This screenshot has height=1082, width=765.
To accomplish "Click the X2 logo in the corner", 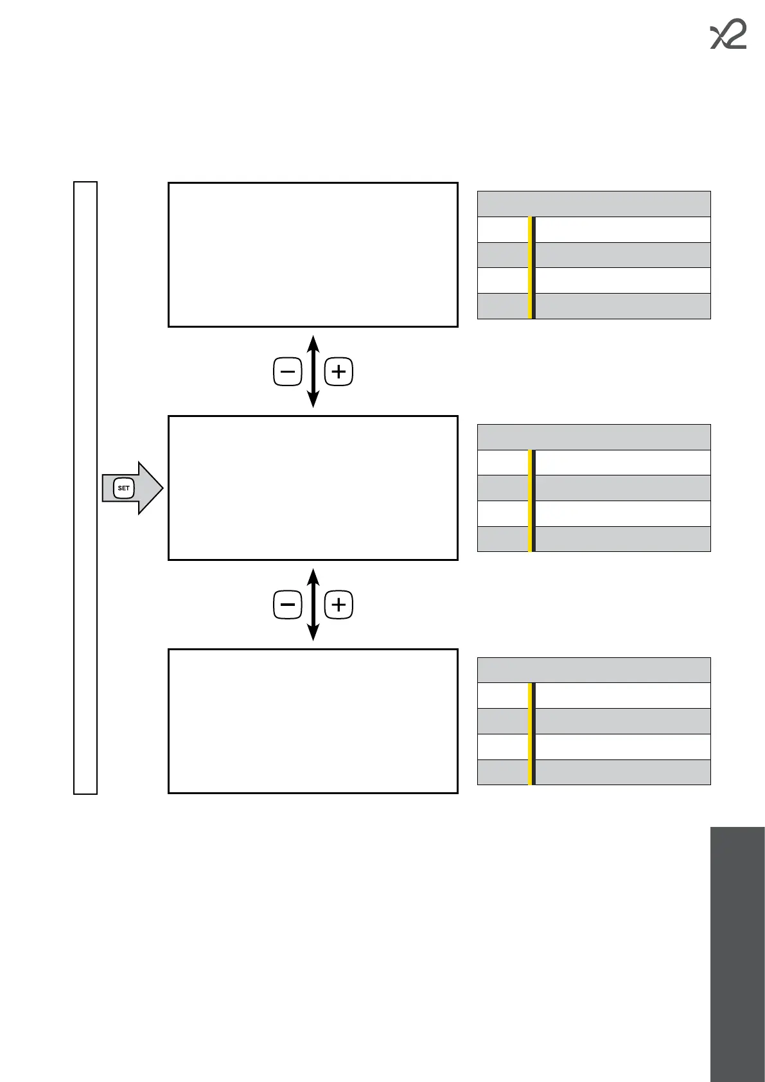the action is [728, 36].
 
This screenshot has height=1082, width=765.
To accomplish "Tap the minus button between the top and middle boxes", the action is [287, 372].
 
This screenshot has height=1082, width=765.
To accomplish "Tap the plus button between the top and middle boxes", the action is [339, 372].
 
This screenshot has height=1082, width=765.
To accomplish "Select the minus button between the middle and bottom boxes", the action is [287, 605].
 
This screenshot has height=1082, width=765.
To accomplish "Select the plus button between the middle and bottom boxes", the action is [339, 605].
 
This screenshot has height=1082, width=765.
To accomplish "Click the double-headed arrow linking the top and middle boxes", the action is [313, 372].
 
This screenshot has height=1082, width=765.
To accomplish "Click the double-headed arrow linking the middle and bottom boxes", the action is [313, 605].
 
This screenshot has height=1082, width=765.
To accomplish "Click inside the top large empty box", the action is [313, 255].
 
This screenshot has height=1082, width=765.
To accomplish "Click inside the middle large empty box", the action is [313, 488].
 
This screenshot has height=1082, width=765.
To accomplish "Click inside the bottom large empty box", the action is [313, 721].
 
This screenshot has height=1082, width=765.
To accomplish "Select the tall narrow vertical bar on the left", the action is [85, 488].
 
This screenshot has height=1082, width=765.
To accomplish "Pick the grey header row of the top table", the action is [594, 204].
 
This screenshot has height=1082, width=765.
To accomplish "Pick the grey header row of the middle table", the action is [594, 437].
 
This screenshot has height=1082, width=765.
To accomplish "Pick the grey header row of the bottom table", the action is [594, 670].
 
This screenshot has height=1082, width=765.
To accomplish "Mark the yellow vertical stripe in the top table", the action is [530, 268].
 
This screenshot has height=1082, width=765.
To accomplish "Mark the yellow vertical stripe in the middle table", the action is [530, 501].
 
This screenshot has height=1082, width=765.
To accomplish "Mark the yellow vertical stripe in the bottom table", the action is [530, 734].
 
